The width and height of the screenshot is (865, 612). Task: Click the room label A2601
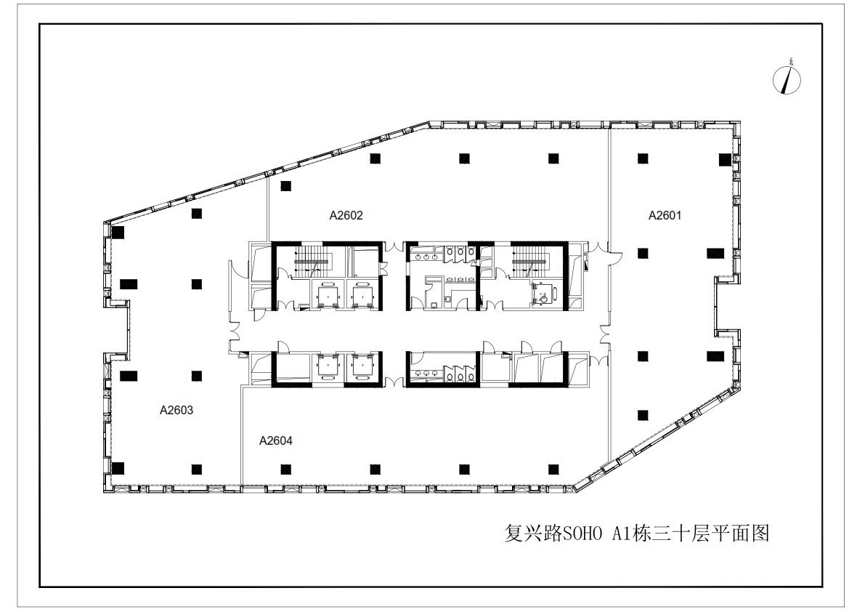[x=665, y=215]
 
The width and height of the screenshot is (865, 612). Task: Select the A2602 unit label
[x=346, y=215]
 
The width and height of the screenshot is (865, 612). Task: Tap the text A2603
[x=176, y=410]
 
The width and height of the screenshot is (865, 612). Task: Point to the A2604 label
[x=276, y=440]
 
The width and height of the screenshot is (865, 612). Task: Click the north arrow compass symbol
[x=787, y=78]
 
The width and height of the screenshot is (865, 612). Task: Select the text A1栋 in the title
[x=632, y=534]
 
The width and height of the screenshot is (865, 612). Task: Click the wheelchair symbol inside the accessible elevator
[x=543, y=295]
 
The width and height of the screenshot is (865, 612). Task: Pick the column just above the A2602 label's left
[x=285, y=186]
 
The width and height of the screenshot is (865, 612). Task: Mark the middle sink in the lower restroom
[x=427, y=374]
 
